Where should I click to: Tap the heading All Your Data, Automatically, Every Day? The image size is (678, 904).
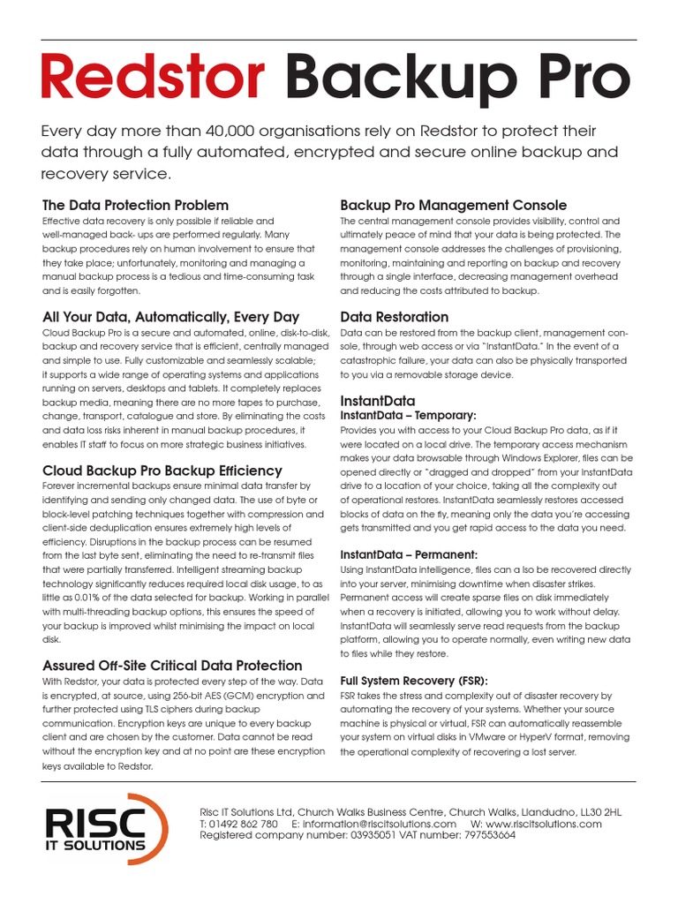point(170,316)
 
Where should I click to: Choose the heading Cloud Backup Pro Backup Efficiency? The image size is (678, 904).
point(162,471)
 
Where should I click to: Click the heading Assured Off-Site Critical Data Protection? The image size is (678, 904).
point(172,665)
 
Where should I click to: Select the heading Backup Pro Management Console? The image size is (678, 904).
point(453,205)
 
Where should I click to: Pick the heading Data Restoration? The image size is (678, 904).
point(394,316)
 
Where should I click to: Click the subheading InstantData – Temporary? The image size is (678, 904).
point(408,415)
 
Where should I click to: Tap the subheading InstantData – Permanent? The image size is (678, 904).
point(409,554)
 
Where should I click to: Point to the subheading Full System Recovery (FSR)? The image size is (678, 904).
point(413,681)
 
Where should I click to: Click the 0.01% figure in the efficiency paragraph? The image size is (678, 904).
point(87,597)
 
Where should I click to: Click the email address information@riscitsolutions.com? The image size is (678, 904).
point(380,824)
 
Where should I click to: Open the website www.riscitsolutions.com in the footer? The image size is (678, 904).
point(543,824)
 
